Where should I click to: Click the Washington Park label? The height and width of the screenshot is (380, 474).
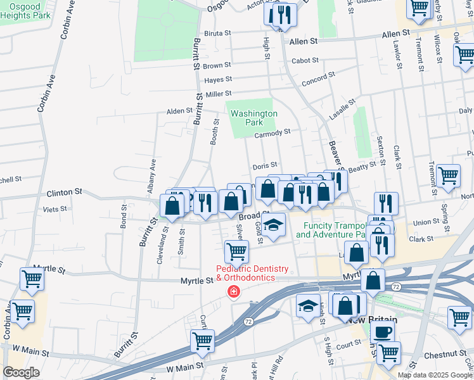pyautogui.click(x=253, y=118)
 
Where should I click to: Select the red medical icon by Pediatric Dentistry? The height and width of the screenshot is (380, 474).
pyautogui.click(x=233, y=291)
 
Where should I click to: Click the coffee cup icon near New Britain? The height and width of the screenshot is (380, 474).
pyautogui.click(x=381, y=331)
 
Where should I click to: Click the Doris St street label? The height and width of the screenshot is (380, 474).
pyautogui.click(x=266, y=166)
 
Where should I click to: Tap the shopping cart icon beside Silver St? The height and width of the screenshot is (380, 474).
pyautogui.click(x=236, y=251)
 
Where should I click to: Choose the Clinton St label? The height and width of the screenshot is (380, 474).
pyautogui.click(x=65, y=191)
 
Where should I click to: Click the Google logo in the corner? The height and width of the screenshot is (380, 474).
pyautogui.click(x=21, y=372)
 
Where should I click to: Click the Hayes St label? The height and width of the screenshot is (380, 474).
pyautogui.click(x=218, y=80)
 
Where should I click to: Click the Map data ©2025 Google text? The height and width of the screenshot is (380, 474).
pyautogui.click(x=435, y=374)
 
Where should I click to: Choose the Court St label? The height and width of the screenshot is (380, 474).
pyautogui.click(x=348, y=346)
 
